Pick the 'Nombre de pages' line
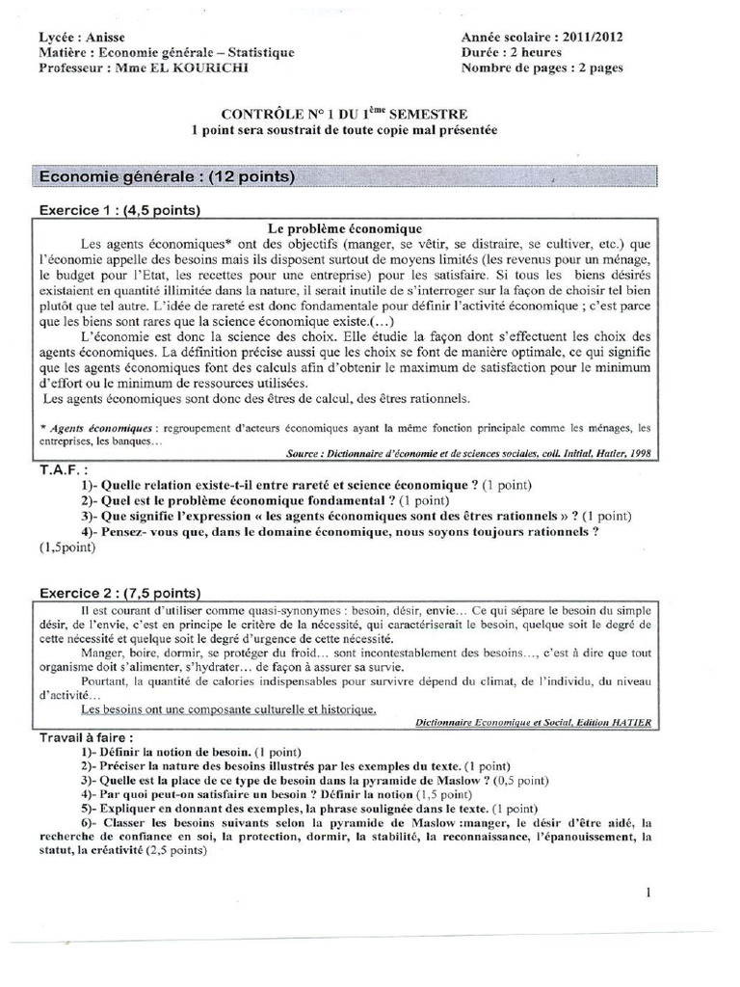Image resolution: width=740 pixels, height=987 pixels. click(542, 68)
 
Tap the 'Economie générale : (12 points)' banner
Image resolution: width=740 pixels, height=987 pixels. click(165, 176)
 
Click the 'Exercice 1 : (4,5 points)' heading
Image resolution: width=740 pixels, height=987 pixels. click(119, 209)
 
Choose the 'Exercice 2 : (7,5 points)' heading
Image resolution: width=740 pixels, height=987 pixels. click(119, 592)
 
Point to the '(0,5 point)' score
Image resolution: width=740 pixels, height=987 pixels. click(516, 780)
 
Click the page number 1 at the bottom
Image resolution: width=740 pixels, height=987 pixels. click(649, 894)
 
